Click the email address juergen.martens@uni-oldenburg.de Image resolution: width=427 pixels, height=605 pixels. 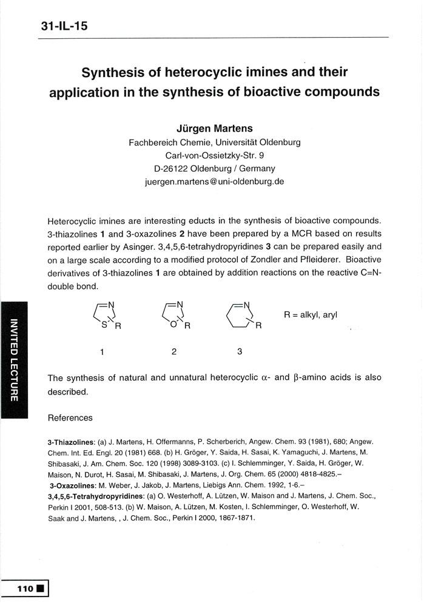coord(215,181)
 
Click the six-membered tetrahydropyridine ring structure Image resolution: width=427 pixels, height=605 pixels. coord(242,316)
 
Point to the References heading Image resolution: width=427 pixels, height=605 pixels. coord(70,417)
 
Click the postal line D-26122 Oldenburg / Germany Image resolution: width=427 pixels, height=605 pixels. coord(215,168)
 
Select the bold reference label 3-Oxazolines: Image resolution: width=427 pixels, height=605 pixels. coord(73,487)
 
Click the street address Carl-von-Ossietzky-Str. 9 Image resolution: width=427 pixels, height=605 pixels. coord(215,155)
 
